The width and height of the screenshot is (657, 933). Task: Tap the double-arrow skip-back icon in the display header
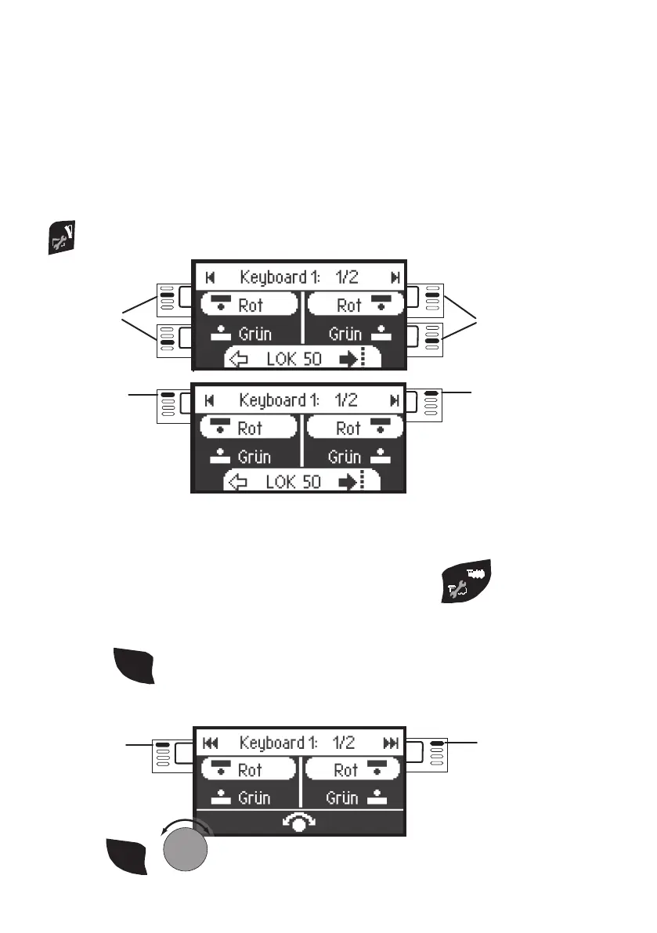tap(210, 742)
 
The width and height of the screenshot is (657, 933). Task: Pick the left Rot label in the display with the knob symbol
tap(250, 771)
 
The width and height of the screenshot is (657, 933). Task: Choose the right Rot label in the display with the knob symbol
tap(346, 771)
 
